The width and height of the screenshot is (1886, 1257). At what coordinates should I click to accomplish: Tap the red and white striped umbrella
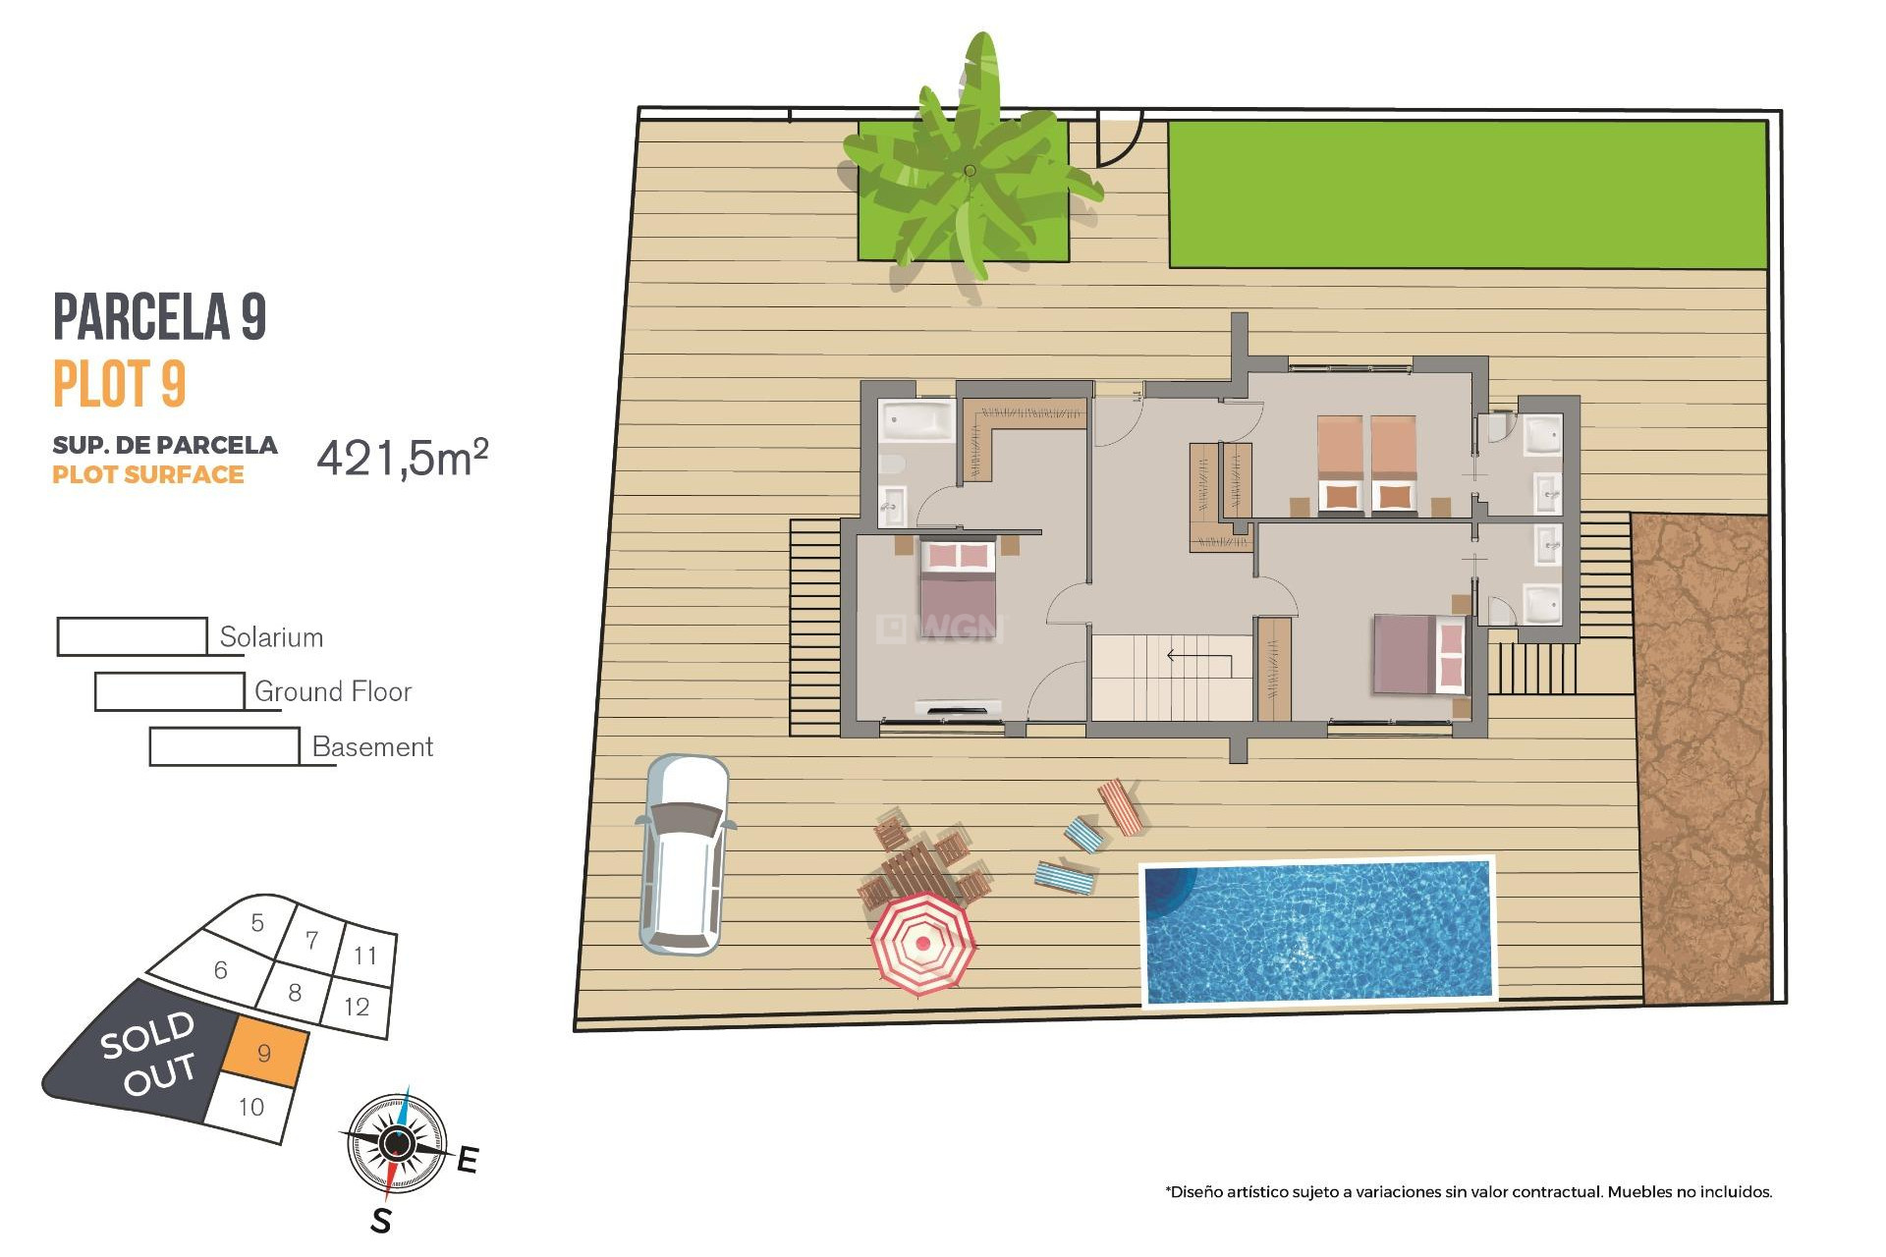(922, 944)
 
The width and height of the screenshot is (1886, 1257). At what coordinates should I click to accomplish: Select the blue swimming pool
(1318, 931)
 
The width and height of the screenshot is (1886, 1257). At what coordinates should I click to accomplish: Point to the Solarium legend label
(271, 637)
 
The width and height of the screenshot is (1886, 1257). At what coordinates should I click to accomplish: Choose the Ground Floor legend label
(333, 692)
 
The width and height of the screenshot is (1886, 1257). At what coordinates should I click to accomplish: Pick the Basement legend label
(372, 747)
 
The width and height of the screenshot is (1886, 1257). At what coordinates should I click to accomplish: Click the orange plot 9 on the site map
(263, 1052)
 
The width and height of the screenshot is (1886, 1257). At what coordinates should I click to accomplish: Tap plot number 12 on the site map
(357, 1007)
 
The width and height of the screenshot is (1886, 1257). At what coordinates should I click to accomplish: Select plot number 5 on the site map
(257, 923)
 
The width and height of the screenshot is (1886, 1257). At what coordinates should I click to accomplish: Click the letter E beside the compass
(468, 1160)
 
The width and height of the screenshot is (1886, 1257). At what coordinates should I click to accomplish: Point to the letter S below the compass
(381, 1221)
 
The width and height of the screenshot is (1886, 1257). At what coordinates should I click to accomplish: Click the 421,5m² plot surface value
(402, 458)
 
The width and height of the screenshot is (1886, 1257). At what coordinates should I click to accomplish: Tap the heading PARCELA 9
(159, 317)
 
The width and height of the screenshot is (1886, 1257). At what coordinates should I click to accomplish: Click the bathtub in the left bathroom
(916, 420)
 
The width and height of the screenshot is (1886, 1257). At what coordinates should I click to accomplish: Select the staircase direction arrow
(1198, 655)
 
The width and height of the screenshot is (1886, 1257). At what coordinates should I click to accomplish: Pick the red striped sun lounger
(1121, 806)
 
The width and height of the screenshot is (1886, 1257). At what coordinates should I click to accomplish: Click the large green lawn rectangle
(1467, 194)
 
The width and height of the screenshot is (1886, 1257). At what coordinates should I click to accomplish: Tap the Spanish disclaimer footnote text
(1469, 1192)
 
